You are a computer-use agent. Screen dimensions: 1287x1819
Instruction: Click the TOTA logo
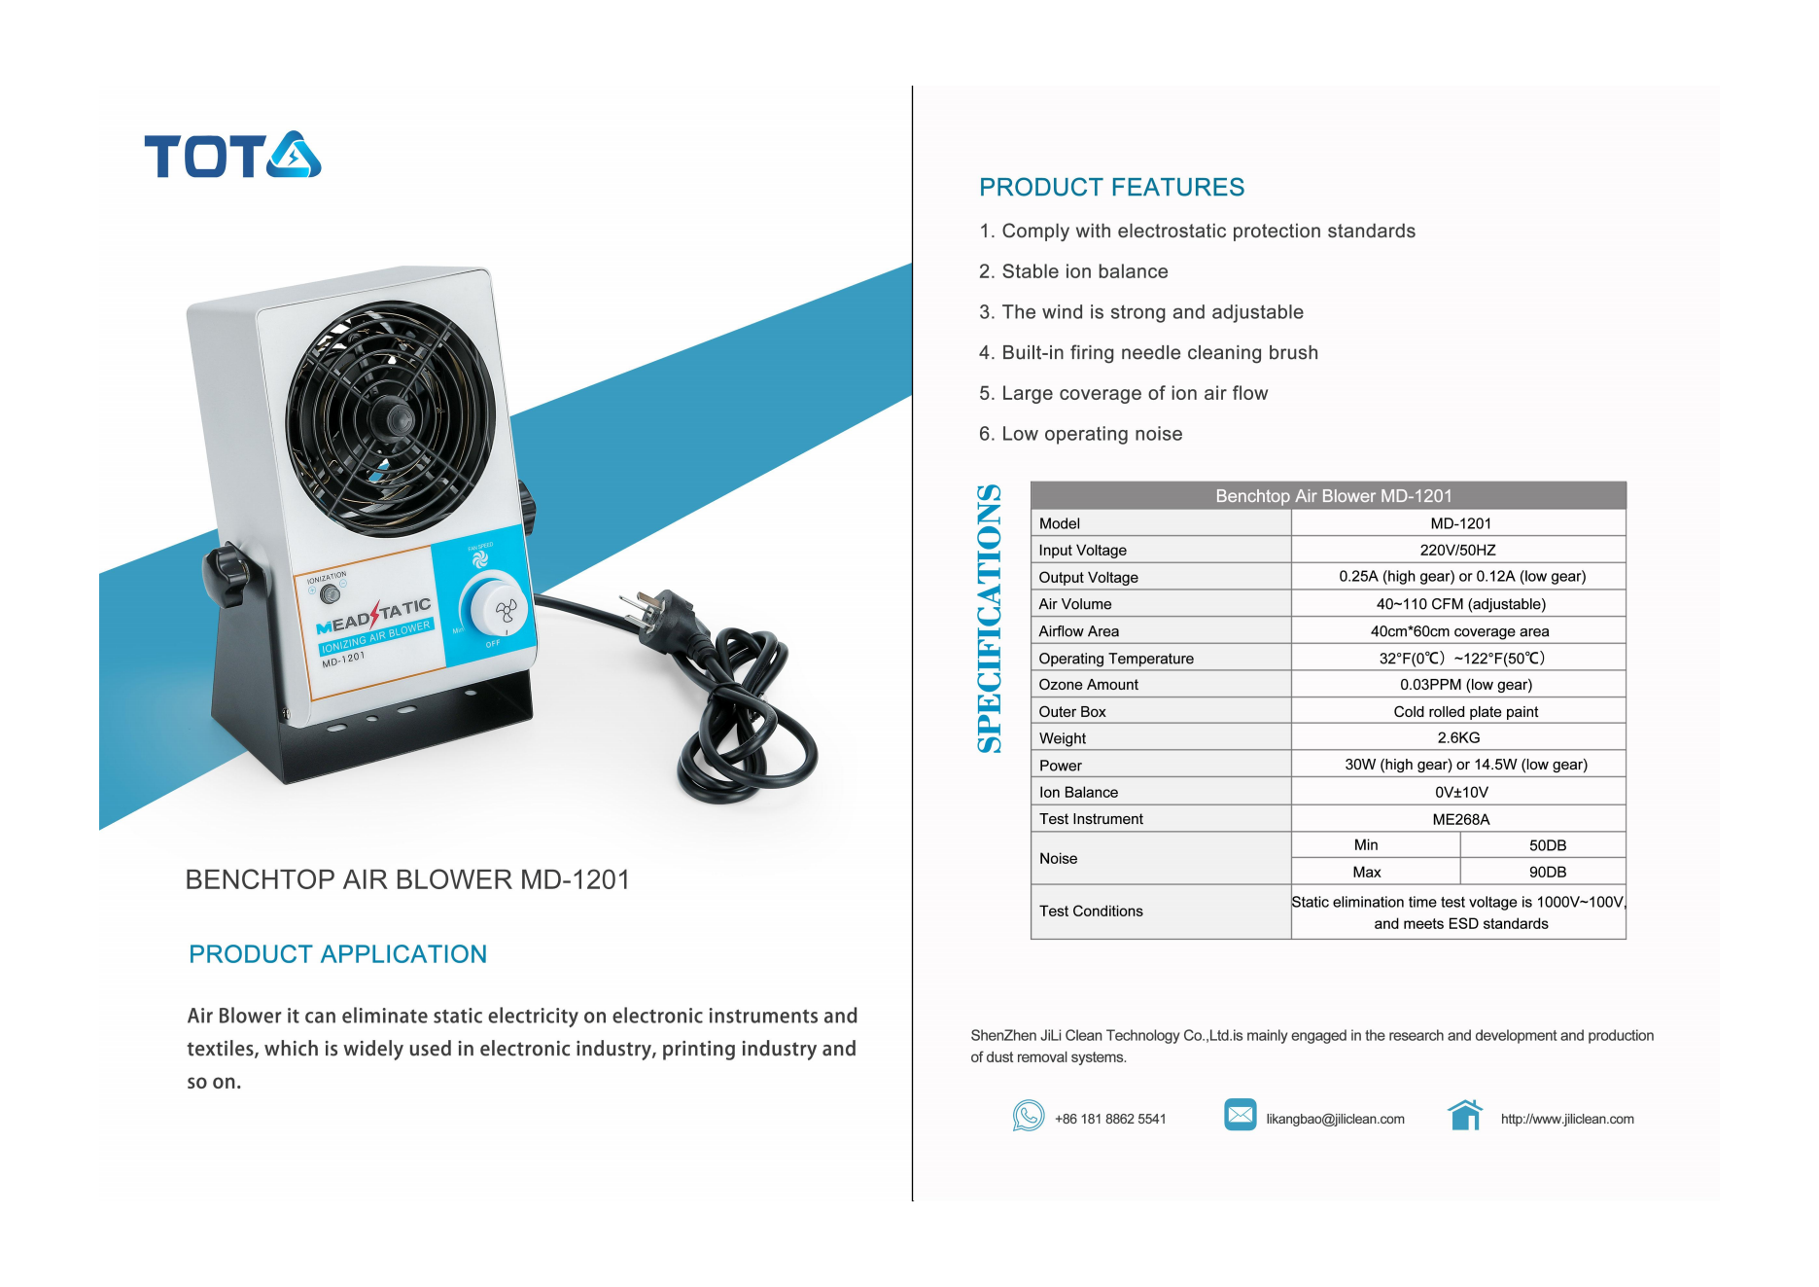pos(232,156)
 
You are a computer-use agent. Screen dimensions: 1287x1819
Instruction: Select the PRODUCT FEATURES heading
pos(1111,187)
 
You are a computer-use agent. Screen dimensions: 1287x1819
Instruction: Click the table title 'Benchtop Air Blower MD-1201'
pos(1333,496)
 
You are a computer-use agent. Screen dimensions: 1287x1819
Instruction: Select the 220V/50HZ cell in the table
pos(1457,551)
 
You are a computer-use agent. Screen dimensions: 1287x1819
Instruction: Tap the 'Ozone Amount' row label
pos(1088,685)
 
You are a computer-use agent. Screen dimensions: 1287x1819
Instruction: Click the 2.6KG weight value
pos(1458,738)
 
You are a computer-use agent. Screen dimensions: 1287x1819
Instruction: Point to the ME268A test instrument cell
pos(1460,819)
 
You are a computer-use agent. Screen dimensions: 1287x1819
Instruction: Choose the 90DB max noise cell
pos(1547,873)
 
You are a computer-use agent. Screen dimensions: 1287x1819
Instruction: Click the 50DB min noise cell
pos(1547,845)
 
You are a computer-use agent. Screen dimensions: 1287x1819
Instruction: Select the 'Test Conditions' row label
pos(1091,912)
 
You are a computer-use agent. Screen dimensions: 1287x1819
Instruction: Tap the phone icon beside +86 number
pos(1028,1116)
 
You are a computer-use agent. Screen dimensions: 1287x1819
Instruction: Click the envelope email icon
pos(1240,1115)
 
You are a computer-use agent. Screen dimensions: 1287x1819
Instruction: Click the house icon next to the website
pos(1465,1115)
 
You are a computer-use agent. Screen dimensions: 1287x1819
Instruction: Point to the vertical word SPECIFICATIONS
pos(989,619)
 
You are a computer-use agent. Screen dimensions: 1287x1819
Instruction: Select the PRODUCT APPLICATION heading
pos(337,954)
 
